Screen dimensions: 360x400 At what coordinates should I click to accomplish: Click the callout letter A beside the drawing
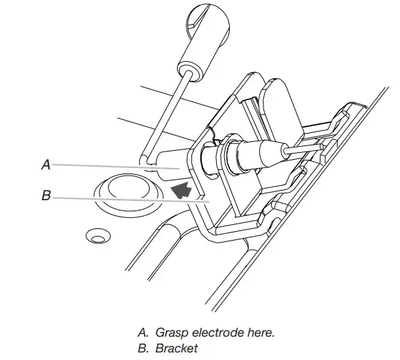point(45,165)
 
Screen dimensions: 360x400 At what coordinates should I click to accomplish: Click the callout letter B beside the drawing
point(45,195)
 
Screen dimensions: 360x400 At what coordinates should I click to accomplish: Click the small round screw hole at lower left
point(95,237)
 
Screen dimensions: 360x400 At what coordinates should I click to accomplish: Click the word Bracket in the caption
point(176,348)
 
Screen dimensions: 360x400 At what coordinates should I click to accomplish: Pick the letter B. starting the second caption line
point(143,348)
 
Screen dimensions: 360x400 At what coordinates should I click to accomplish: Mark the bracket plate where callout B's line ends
point(207,200)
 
